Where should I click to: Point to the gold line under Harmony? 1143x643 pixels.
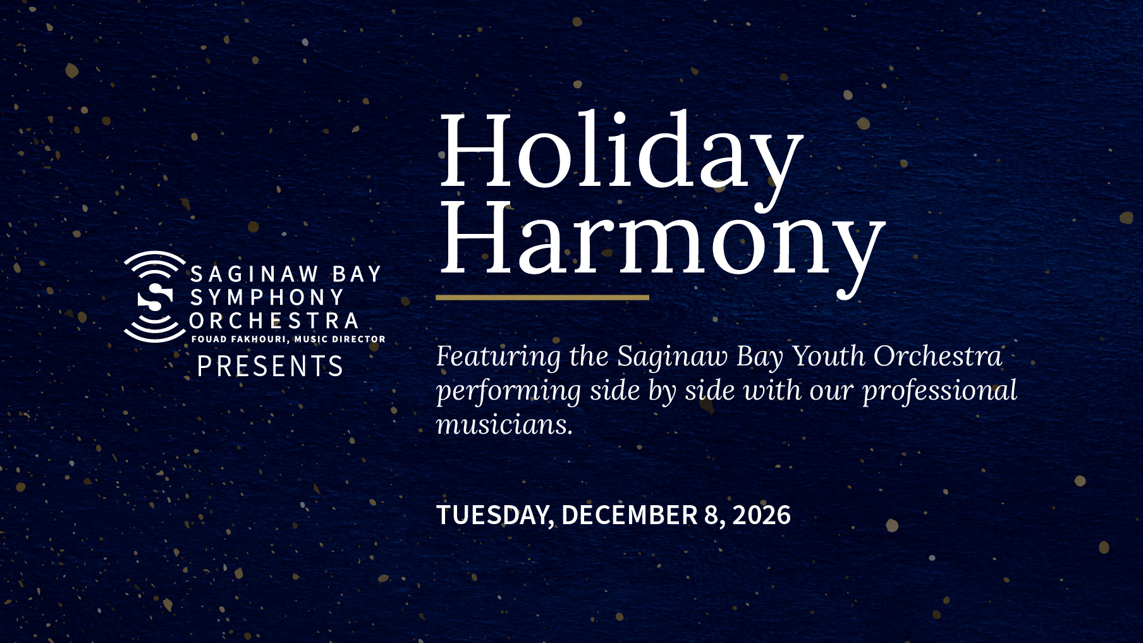pyautogui.click(x=542, y=297)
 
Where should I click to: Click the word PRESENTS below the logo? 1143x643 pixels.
pyautogui.click(x=270, y=367)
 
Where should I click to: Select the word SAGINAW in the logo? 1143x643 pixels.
pyautogui.click(x=254, y=274)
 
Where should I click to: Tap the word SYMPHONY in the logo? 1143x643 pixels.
pyautogui.click(x=267, y=297)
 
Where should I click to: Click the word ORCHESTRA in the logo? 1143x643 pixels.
pyautogui.click(x=274, y=321)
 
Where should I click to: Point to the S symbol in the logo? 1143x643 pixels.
pyautogui.click(x=155, y=297)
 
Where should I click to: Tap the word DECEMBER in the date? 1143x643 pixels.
pyautogui.click(x=629, y=515)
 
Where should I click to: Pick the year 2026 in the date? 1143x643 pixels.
pyautogui.click(x=762, y=515)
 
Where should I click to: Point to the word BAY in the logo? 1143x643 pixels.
pyautogui.click(x=357, y=274)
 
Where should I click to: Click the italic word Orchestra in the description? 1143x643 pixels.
pyautogui.click(x=938, y=356)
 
